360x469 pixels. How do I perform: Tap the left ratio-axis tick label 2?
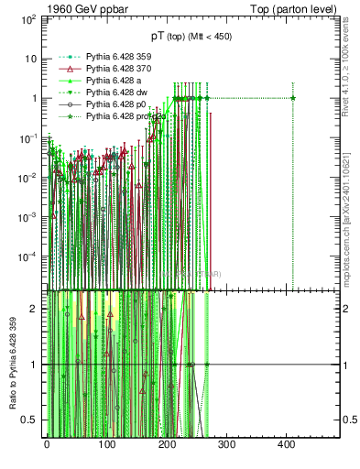pyautogui.click(x=34, y=309)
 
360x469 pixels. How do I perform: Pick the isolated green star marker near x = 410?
pyautogui.click(x=293, y=98)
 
